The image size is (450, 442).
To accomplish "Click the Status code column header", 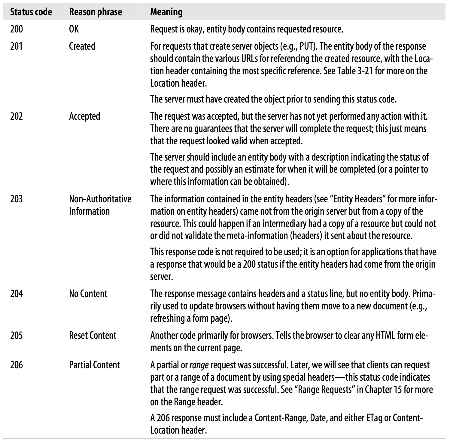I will coord(31,12).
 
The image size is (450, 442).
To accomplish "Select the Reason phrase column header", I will coord(96,12).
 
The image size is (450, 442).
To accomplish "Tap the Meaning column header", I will coord(166,12).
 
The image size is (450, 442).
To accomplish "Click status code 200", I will coord(17,29).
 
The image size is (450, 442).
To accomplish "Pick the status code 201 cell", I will coord(17,46).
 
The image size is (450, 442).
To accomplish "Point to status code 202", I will coord(17,116).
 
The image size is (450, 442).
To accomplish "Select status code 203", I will coord(17,199).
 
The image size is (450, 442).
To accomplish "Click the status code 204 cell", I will coord(17,294).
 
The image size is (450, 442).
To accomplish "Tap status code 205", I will coord(17,336).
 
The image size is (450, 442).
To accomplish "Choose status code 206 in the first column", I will coord(17,365).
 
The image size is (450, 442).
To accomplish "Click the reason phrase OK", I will coord(74,29).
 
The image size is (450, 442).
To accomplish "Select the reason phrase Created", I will coord(82,46).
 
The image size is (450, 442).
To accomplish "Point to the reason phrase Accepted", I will coord(84,116).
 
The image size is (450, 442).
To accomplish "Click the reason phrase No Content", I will coord(88,294).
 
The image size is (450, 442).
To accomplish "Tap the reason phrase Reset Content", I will coord(93,336).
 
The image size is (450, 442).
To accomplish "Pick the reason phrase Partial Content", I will coord(94,365).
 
